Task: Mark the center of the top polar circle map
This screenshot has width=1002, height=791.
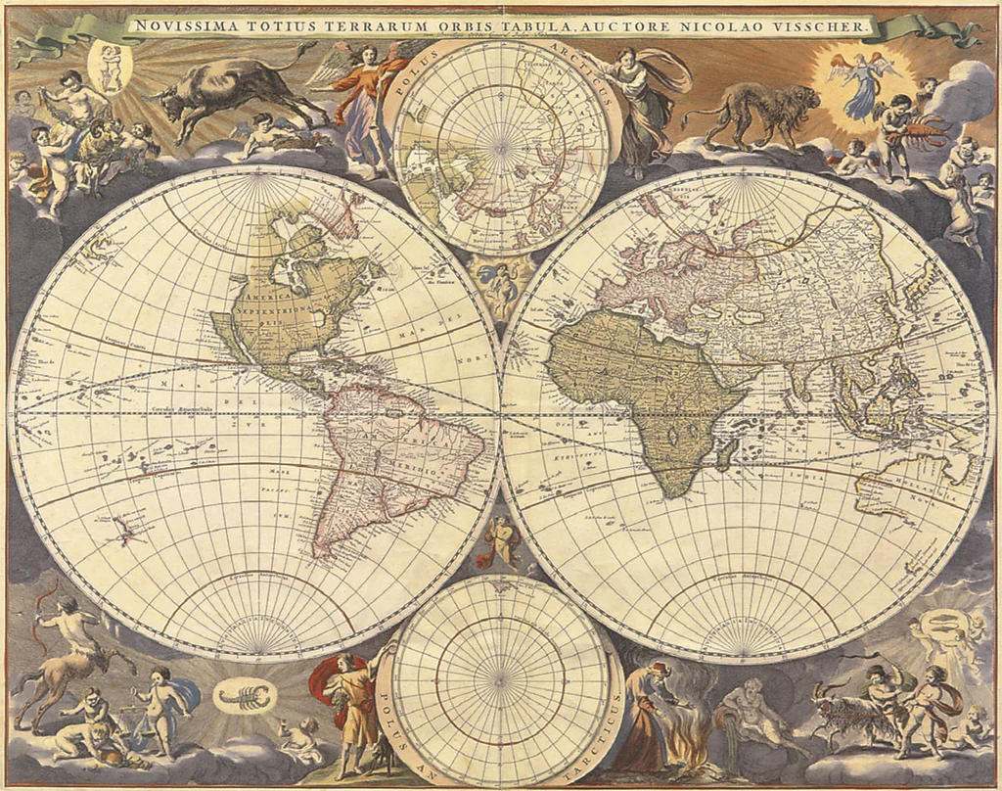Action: (501, 147)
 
